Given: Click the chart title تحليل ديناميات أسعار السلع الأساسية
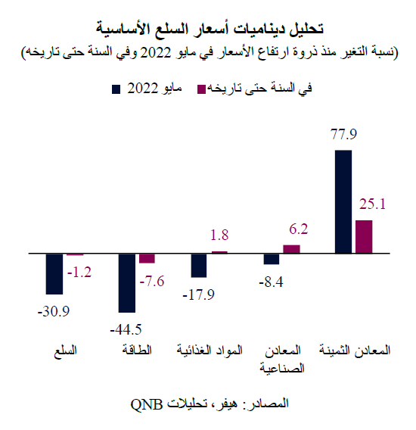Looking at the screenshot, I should tap(208, 29).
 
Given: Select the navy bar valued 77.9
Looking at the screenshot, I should tap(343, 201).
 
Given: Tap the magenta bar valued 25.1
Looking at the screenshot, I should tap(365, 235).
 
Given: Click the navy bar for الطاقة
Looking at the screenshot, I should tap(126, 282).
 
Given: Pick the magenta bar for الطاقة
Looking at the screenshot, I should tap(147, 257).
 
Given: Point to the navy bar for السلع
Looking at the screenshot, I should tap(54, 273).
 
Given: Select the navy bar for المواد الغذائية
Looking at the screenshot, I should tap(199, 265).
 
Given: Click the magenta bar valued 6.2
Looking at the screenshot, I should tap(292, 248).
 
